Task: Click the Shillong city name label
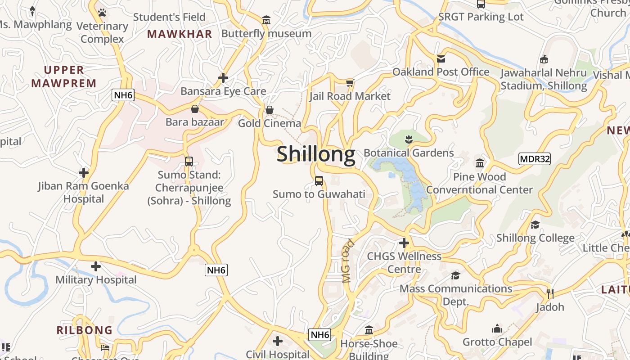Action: [316, 154]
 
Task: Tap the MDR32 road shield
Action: [534, 159]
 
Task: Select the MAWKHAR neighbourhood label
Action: [180, 34]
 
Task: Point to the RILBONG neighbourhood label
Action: [85, 330]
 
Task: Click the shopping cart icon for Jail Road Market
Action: [350, 83]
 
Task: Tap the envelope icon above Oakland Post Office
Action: [441, 59]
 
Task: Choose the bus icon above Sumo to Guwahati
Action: [319, 181]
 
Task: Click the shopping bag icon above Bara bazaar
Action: [195, 109]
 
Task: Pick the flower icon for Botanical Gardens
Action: [409, 139]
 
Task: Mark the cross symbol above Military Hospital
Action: [96, 266]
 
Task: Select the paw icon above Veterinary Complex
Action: [102, 13]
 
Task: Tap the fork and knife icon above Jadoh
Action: [550, 293]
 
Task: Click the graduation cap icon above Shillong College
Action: [535, 225]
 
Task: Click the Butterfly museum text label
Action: [266, 34]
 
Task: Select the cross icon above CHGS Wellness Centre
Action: [404, 243]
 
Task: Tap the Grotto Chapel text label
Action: [497, 342]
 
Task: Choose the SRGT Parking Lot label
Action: [481, 17]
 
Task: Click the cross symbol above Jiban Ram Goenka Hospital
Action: [83, 172]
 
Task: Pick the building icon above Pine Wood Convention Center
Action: [480, 163]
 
